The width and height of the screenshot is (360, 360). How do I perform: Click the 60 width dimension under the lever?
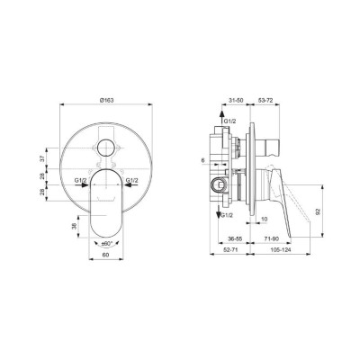click(108, 256)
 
